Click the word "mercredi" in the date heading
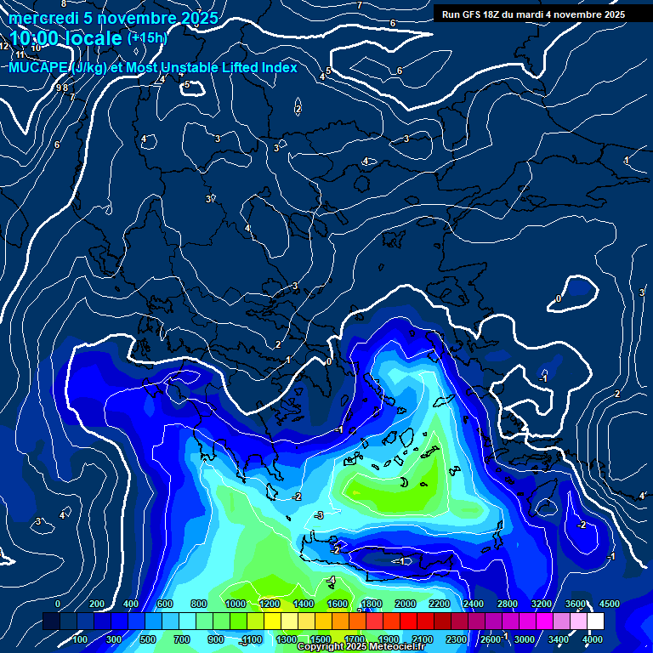[x=43, y=18]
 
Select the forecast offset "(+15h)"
[x=147, y=37]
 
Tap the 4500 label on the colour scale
[x=609, y=604]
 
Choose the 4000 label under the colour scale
[x=593, y=639]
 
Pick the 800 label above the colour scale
[x=199, y=604]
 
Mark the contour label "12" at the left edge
[x=4, y=46]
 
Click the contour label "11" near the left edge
[x=20, y=54]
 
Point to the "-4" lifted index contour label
[x=332, y=581]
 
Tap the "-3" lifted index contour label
[x=319, y=516]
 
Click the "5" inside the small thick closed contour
[x=187, y=85]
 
